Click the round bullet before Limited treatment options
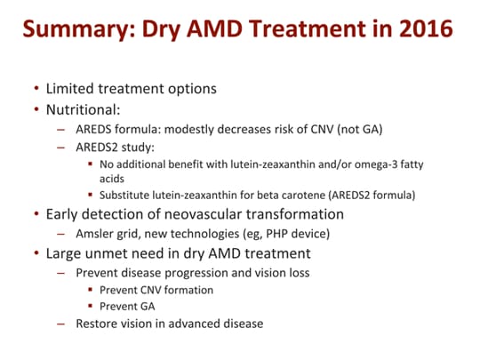point(35,91)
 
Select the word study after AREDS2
point(136,148)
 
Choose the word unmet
point(115,252)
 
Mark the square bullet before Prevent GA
point(91,307)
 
